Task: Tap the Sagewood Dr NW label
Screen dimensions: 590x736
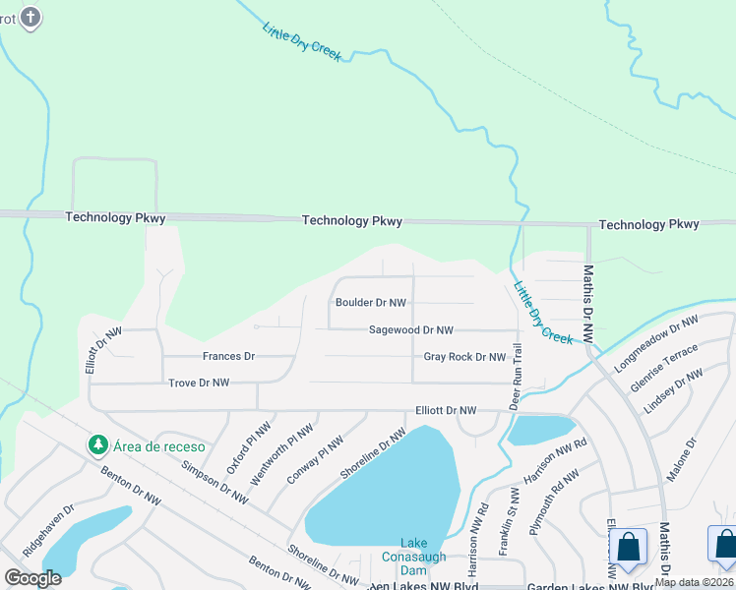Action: click(x=410, y=330)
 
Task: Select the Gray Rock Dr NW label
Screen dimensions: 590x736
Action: click(x=464, y=357)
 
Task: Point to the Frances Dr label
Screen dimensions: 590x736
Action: click(x=228, y=356)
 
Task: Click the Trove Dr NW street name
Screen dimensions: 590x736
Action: click(x=199, y=383)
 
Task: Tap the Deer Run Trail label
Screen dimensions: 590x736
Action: click(x=514, y=376)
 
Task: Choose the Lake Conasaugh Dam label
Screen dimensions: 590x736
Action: click(x=423, y=557)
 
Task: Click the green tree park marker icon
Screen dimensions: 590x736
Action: click(x=97, y=445)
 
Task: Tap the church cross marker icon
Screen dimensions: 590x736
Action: click(x=31, y=17)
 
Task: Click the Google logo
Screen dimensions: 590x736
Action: click(x=32, y=578)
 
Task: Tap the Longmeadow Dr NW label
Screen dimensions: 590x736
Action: click(x=655, y=337)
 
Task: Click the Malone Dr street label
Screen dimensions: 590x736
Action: click(x=681, y=459)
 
